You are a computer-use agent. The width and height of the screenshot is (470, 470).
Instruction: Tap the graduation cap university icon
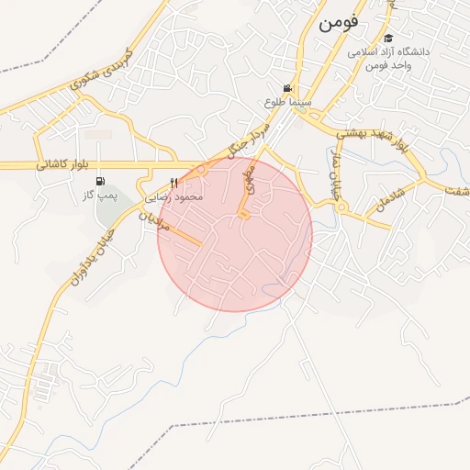[x=388, y=39]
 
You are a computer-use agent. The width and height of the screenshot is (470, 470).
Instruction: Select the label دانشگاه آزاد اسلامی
[x=388, y=52]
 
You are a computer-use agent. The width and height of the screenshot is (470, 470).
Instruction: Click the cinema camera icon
[x=288, y=89]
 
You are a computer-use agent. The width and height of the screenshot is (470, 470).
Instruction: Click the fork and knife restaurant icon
[x=173, y=183]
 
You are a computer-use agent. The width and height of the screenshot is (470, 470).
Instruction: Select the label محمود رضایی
[x=173, y=196]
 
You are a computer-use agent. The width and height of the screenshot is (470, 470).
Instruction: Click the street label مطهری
[x=247, y=185]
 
